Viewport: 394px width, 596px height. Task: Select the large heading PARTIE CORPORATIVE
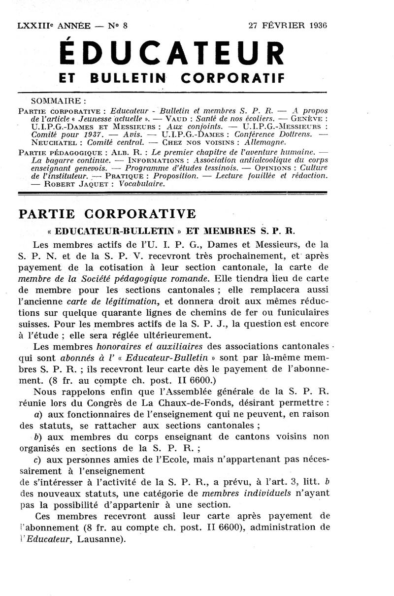tap(107, 214)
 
